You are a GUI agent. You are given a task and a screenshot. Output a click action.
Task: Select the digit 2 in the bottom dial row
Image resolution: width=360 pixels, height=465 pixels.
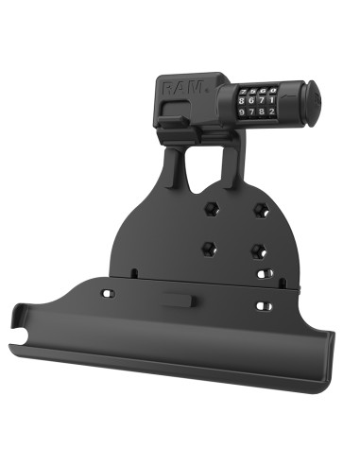coord(270,111)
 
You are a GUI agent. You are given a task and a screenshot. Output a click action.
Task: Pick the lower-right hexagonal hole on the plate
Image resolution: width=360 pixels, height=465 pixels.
coord(256,251)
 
